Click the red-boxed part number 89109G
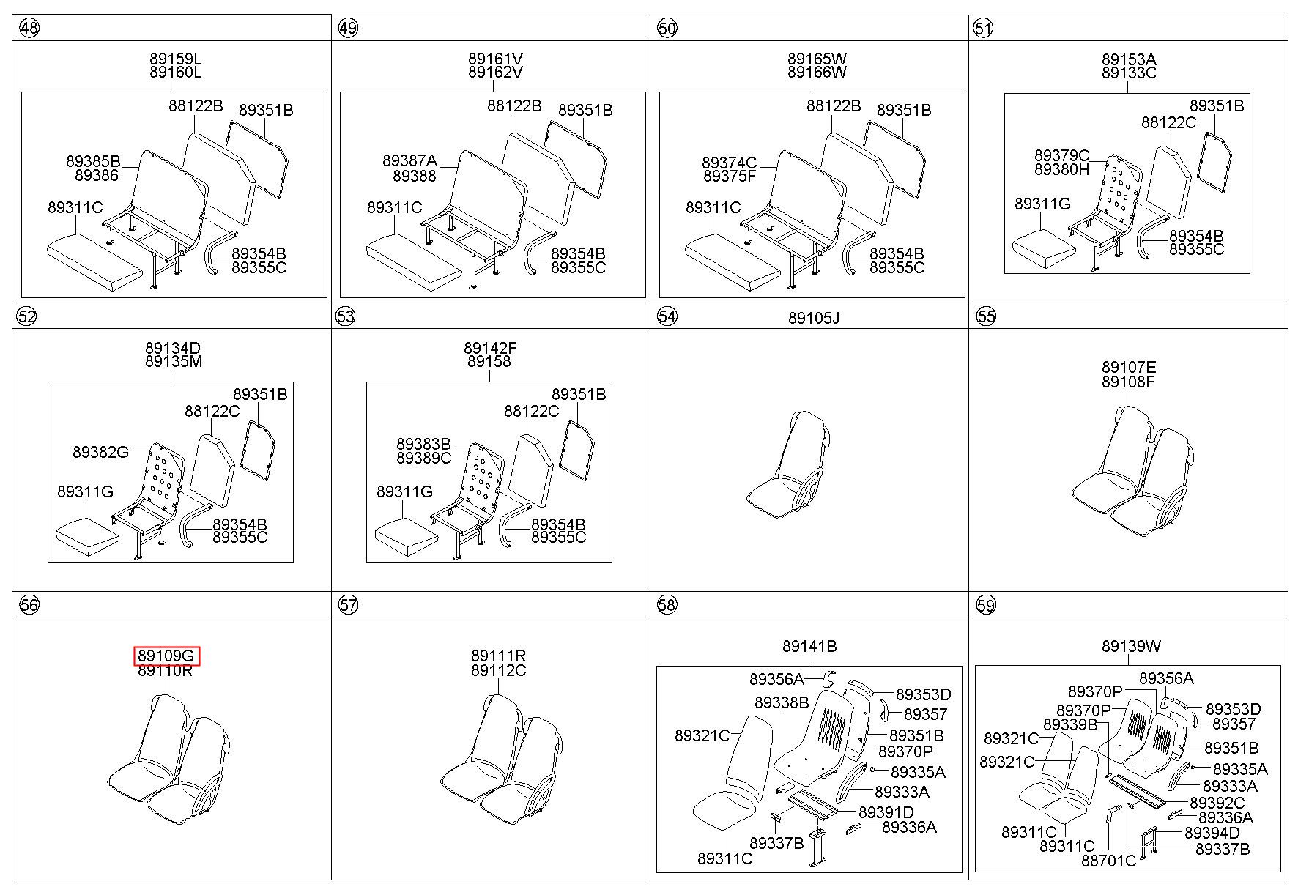[x=166, y=656]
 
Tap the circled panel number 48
[x=29, y=29]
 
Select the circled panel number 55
[x=986, y=316]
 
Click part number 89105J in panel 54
[x=814, y=318]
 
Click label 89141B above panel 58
[x=809, y=646]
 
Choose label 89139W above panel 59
[x=1131, y=646]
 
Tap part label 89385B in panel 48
[x=93, y=162]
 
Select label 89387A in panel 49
[x=409, y=161]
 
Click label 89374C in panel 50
[x=729, y=163]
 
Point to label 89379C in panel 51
[x=1061, y=156]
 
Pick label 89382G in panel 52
[x=100, y=452]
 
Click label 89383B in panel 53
[x=423, y=445]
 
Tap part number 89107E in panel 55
[x=1129, y=368]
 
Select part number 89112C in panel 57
[x=498, y=670]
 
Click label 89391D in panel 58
[x=886, y=812]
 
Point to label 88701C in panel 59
[x=1108, y=861]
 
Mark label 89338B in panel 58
[x=782, y=703]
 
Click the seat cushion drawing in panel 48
[x=94, y=260]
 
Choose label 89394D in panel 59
[x=1212, y=833]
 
